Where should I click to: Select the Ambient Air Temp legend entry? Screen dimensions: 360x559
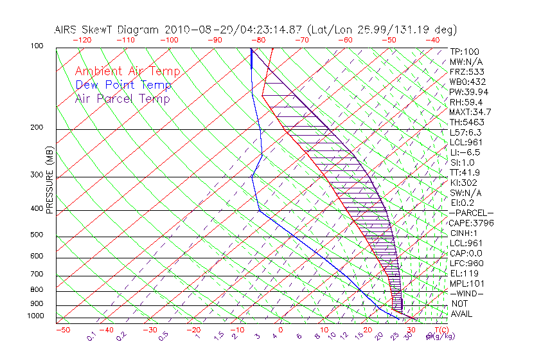[x=127, y=71]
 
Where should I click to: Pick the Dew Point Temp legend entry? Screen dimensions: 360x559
[x=123, y=85]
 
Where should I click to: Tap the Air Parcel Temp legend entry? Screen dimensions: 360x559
[x=122, y=98]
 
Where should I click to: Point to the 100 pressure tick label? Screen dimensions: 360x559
[x=37, y=46]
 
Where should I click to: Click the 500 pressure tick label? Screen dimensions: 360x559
[x=37, y=235]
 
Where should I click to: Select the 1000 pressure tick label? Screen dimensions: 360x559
[x=35, y=316]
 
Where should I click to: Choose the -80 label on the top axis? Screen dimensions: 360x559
[x=258, y=40]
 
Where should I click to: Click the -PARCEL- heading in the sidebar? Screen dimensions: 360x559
[x=471, y=213]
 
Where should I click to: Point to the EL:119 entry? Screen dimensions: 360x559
[x=463, y=273]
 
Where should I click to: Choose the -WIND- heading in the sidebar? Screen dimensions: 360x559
[x=466, y=293]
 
